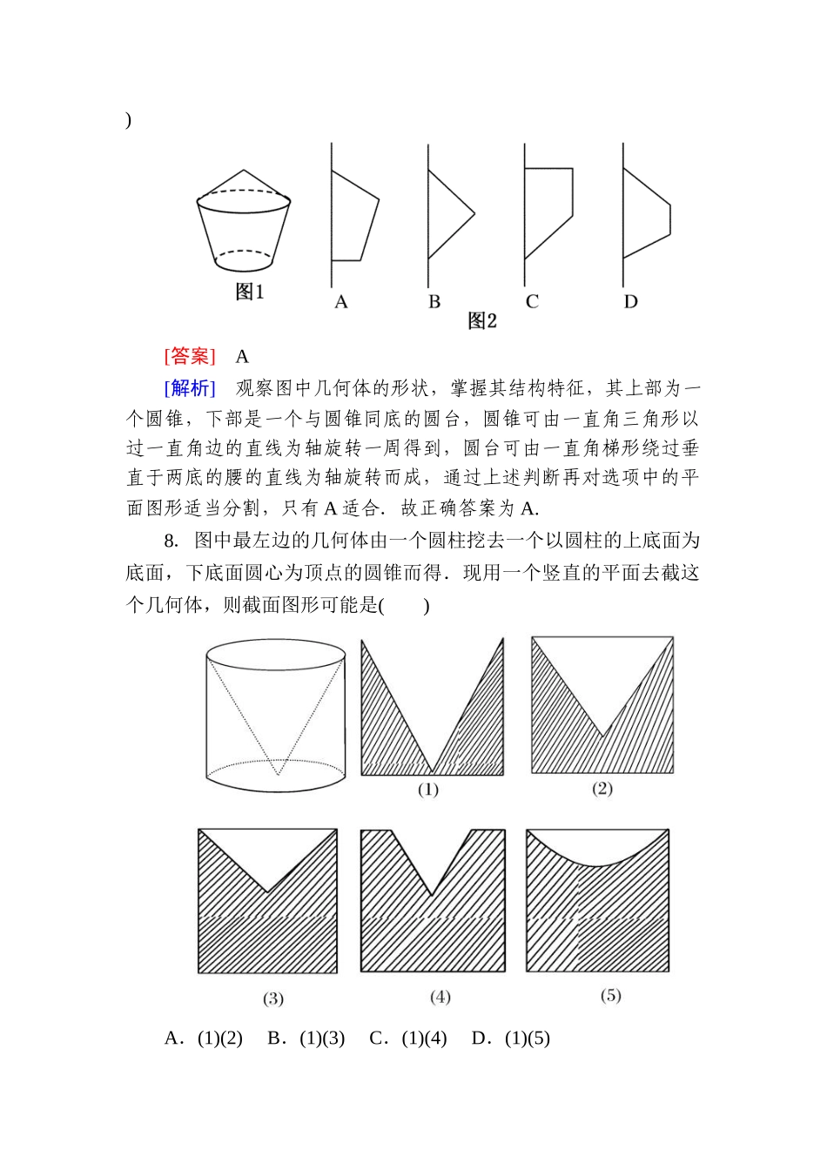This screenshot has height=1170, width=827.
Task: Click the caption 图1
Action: tap(249, 292)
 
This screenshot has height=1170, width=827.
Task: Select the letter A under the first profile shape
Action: tap(341, 302)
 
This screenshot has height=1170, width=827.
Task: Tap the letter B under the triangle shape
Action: tap(434, 302)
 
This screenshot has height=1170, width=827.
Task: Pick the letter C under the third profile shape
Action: tap(532, 302)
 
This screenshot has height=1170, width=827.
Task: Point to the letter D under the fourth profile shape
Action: tap(630, 302)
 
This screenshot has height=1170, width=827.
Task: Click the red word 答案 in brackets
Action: tap(190, 356)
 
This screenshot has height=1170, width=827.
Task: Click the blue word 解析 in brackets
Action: tap(190, 388)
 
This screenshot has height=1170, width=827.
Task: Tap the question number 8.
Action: tap(171, 541)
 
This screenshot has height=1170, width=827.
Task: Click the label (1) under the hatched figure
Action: tap(427, 790)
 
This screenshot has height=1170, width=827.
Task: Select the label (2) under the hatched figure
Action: tap(602, 789)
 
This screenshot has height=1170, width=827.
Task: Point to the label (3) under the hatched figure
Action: tap(273, 999)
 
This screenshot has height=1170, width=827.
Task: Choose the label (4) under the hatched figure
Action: tap(440, 997)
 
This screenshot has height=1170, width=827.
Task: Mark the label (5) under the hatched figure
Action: tap(610, 995)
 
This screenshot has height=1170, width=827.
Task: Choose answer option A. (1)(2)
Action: tap(203, 1039)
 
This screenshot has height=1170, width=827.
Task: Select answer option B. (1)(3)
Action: tap(306, 1039)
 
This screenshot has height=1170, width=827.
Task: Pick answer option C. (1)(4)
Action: tap(407, 1039)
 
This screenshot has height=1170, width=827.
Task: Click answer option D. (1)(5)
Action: tap(510, 1039)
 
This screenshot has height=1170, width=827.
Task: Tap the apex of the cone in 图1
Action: tap(245, 170)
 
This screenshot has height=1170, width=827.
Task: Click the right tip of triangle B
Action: tap(474, 213)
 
